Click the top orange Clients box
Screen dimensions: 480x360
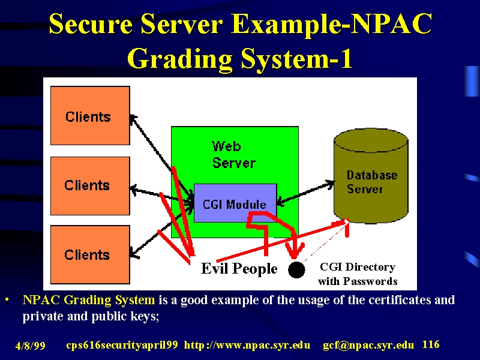[x=90, y=115]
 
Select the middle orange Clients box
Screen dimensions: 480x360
[x=90, y=186]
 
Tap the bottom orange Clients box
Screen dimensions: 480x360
[x=90, y=254]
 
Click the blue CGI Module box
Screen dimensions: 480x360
[x=235, y=203]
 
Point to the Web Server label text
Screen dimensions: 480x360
[x=233, y=155]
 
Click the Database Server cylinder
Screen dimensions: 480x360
[x=371, y=176]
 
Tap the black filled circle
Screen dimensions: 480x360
[x=296, y=269]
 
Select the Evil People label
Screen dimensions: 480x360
[x=239, y=268]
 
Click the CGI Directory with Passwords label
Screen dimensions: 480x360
[x=358, y=274]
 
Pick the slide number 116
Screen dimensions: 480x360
[x=431, y=344]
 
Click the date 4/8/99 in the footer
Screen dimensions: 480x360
[x=31, y=346]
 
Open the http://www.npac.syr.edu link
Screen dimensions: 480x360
[x=247, y=345]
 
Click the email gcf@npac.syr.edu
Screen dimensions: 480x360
[x=368, y=345]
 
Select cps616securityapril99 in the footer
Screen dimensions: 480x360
[x=122, y=345]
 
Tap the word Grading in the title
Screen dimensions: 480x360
[x=179, y=59]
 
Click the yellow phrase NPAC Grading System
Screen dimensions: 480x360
[x=89, y=300]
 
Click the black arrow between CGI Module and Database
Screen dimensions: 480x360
[x=305, y=193]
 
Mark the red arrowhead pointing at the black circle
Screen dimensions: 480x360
[x=295, y=251]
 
